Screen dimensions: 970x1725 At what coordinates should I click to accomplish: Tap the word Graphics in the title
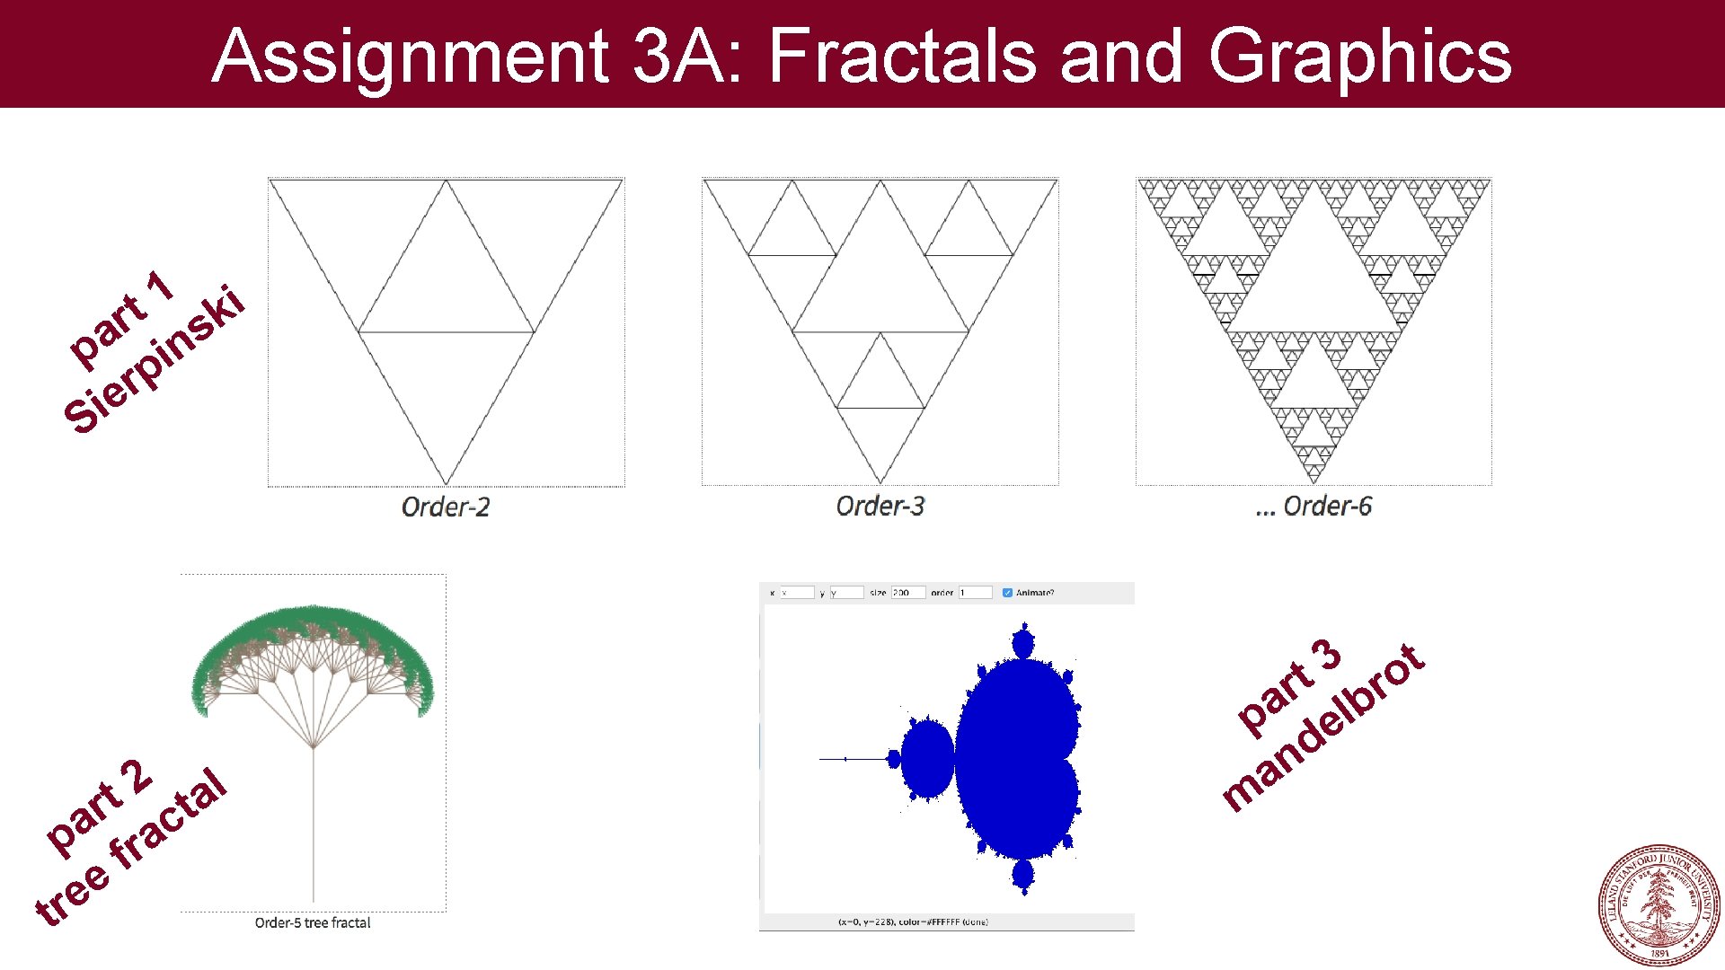coord(1359,56)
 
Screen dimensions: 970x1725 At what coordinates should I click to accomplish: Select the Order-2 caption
coord(446,507)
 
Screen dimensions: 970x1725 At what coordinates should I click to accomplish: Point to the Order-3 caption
coord(880,506)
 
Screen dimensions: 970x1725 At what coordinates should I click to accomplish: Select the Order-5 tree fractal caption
coord(312,922)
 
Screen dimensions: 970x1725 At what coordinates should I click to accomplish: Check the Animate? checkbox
coord(1007,593)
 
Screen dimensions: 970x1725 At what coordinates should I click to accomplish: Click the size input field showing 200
coord(907,593)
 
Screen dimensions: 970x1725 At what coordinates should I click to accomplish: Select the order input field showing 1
coord(975,593)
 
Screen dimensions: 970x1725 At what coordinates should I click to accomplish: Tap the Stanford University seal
coord(1659,904)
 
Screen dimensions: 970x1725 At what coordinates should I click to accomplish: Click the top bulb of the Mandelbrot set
coord(1022,643)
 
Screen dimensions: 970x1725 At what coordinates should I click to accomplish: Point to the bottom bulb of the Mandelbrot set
coord(1022,874)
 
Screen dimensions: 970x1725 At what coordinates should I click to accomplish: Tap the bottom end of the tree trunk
coord(314,898)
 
